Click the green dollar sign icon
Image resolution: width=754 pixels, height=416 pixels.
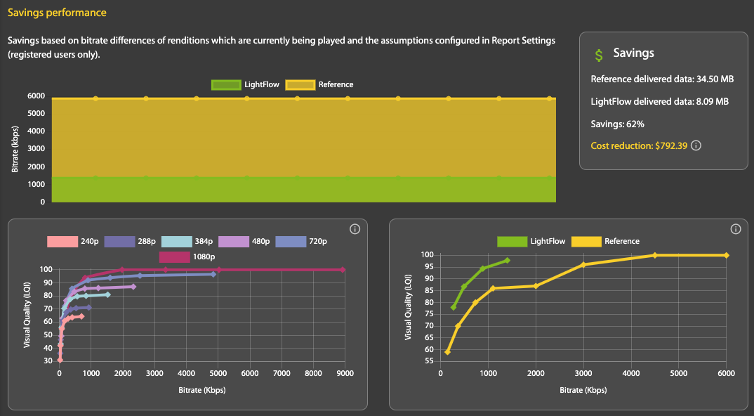coord(598,54)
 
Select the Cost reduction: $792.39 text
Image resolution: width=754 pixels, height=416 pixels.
coord(639,145)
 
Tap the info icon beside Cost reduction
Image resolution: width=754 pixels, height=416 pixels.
coord(696,145)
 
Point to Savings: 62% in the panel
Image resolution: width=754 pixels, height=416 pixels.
coord(618,124)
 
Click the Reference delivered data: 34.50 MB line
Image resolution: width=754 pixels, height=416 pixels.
coord(662,79)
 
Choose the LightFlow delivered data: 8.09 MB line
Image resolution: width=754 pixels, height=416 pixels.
coord(660,101)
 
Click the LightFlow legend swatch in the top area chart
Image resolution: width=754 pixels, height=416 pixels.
coord(225,84)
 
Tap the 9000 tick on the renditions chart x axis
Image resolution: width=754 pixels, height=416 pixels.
coord(343,374)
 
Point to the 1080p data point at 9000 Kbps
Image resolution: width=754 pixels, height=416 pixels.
coord(343,269)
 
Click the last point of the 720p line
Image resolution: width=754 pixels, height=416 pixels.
coord(213,274)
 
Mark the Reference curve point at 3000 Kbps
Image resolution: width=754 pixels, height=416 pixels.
coord(583,264)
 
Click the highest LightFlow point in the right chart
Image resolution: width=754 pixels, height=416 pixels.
coord(507,260)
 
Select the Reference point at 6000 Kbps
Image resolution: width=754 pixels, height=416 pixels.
coord(727,255)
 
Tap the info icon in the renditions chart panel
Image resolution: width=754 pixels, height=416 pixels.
coord(355,229)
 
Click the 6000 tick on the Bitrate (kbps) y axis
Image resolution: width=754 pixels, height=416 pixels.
coord(37,96)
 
